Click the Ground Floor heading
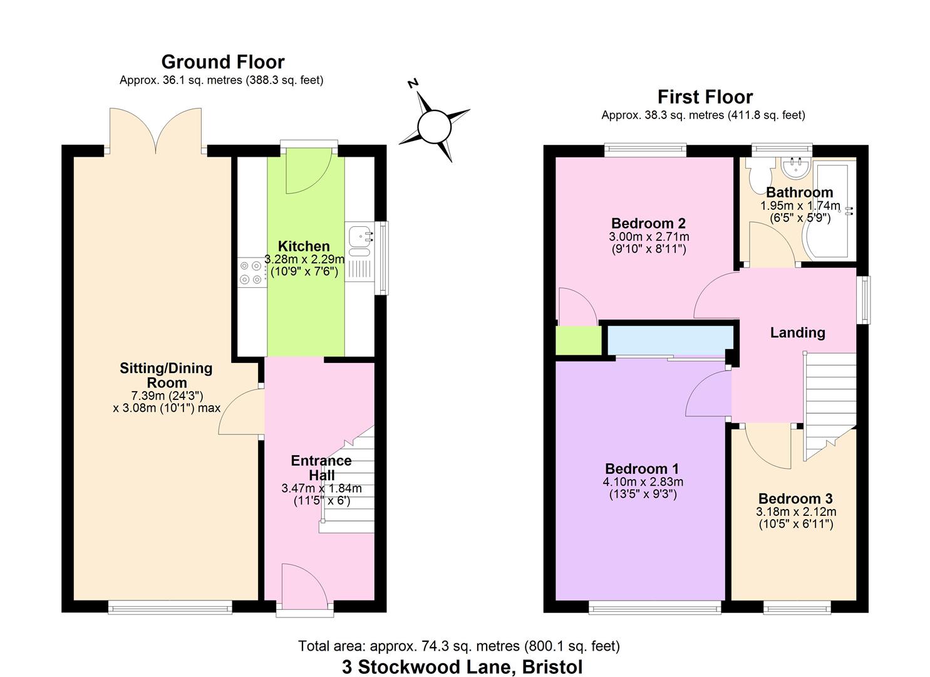222,62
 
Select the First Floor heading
705,97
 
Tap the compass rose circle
434,127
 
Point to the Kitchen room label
304,246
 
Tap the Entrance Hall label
321,468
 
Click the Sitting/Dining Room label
166,375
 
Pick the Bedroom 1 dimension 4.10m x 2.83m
642,482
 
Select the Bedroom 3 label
795,499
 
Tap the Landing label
797,333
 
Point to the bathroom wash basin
796,165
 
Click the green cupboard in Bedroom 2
577,340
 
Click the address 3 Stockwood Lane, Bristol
462,667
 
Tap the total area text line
458,646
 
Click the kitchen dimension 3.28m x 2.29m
304,260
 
